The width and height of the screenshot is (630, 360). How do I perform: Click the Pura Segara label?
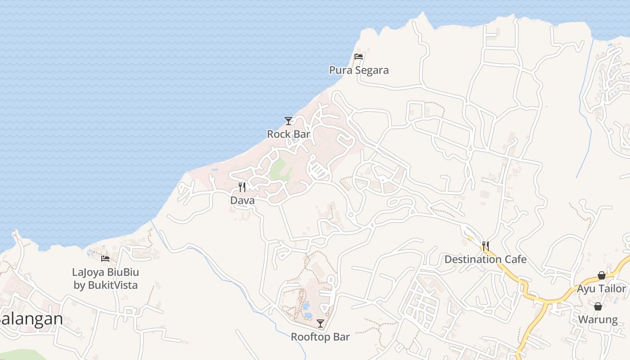359,70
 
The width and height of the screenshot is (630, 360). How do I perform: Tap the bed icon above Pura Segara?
359,57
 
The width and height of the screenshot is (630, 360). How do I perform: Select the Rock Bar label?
288,134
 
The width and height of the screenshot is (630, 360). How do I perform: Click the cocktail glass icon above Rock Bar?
288,121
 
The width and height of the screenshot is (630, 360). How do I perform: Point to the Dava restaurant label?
242,201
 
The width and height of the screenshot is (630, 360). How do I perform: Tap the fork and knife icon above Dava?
242,187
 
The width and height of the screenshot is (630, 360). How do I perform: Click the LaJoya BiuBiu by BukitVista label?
105,279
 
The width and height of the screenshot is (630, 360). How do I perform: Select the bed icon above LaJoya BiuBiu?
105,258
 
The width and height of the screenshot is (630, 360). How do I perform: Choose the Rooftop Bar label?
320,337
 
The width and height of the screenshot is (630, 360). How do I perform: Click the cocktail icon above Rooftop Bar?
320,324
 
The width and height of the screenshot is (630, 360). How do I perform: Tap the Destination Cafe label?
485,260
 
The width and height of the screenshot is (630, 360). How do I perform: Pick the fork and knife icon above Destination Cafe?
485,246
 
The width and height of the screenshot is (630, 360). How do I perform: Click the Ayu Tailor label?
601,289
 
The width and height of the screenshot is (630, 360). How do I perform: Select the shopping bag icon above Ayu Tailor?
601,275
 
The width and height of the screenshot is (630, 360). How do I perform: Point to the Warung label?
598,320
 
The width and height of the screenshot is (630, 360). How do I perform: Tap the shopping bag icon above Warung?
598,307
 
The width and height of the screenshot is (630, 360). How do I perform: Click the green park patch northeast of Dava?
280,169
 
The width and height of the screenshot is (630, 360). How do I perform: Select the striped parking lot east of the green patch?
317,170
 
